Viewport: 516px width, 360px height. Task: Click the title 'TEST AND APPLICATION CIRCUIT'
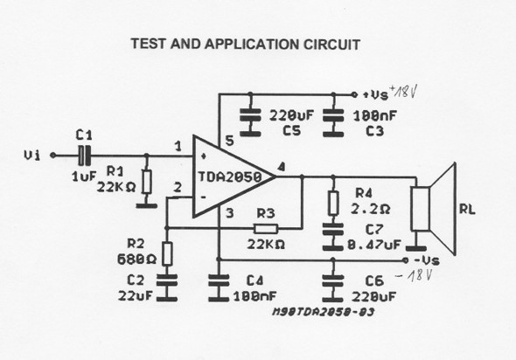(245, 43)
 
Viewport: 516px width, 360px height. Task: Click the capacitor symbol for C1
(83, 155)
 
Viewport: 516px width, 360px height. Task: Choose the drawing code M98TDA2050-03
(319, 308)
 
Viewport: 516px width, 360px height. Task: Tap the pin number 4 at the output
(280, 167)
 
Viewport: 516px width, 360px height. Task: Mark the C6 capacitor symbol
(332, 285)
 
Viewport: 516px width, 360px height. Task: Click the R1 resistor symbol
(145, 183)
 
